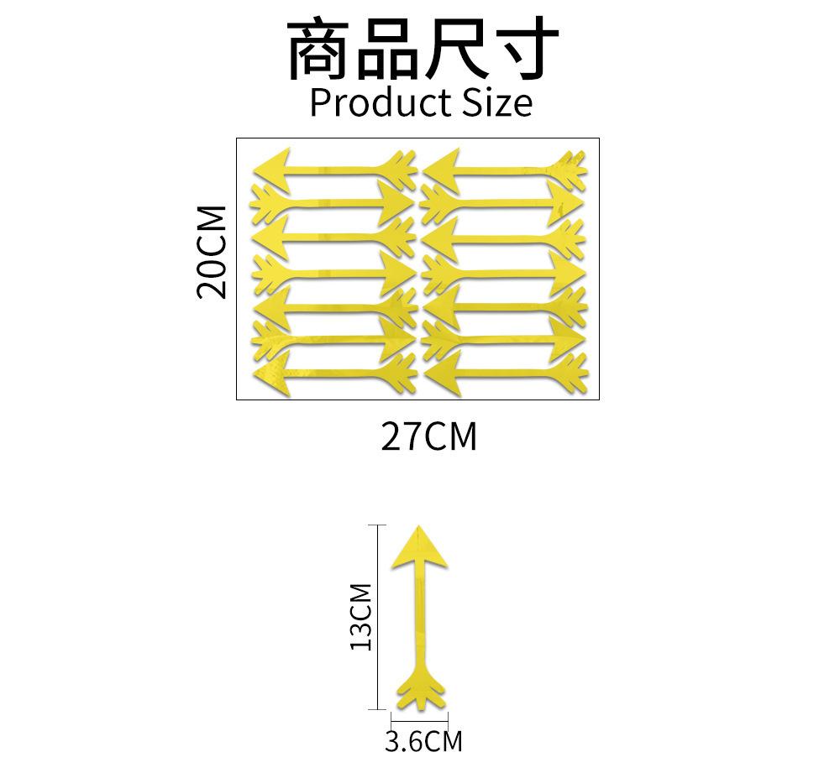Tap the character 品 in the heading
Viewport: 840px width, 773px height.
point(387,50)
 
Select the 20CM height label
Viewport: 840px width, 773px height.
point(212,252)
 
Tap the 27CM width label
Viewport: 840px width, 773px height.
point(428,437)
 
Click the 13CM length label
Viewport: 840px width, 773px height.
point(361,617)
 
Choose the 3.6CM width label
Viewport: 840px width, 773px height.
point(423,742)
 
